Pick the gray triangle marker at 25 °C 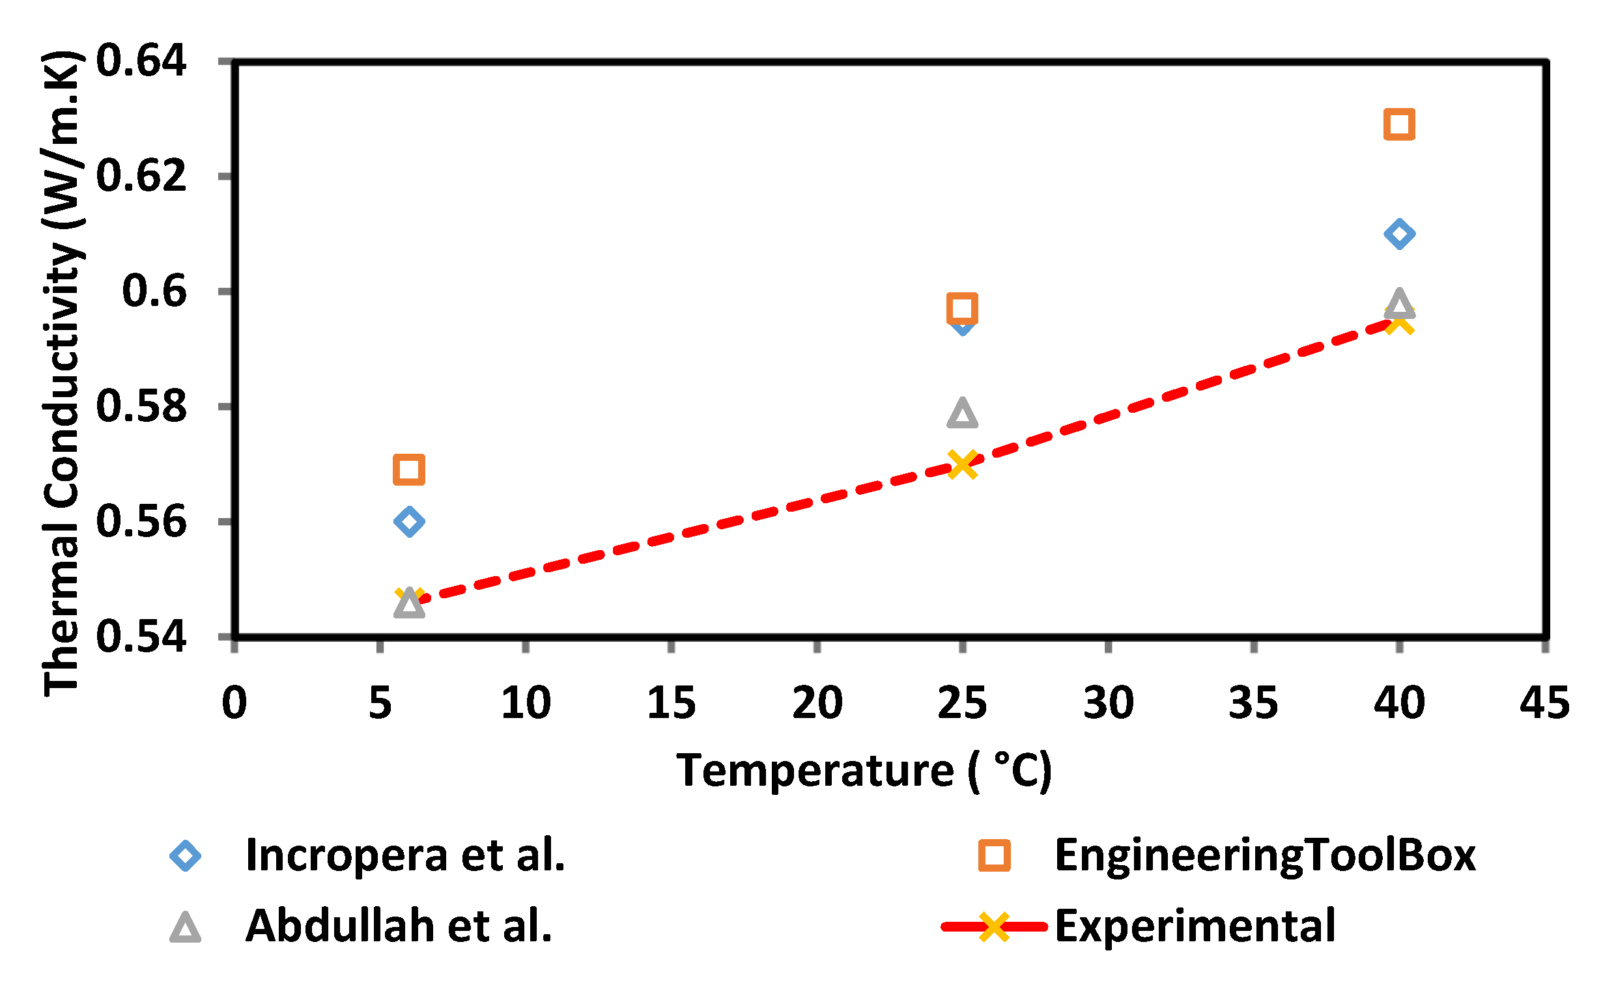[x=962, y=413]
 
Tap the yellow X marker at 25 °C [x=962, y=464]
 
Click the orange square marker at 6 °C [x=408, y=469]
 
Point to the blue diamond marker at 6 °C [x=408, y=521]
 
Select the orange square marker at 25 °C [x=962, y=309]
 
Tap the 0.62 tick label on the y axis [x=141, y=176]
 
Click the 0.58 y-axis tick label [x=141, y=406]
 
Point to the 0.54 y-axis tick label [x=141, y=637]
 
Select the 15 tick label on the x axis [x=671, y=703]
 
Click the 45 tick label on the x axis [x=1544, y=703]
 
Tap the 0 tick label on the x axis [x=234, y=703]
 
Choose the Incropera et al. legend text [x=404, y=855]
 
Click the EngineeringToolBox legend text [x=1265, y=855]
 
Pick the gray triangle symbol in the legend [x=185, y=928]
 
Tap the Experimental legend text [x=1195, y=926]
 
